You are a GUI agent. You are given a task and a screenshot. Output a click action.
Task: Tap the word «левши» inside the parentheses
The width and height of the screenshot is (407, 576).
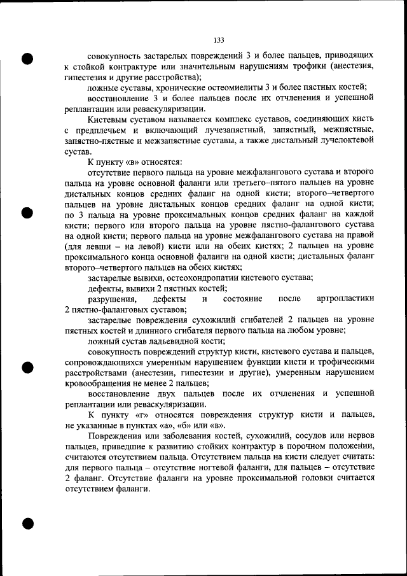[97, 246]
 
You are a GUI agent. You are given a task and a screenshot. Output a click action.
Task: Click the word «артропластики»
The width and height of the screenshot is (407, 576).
[345, 299]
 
